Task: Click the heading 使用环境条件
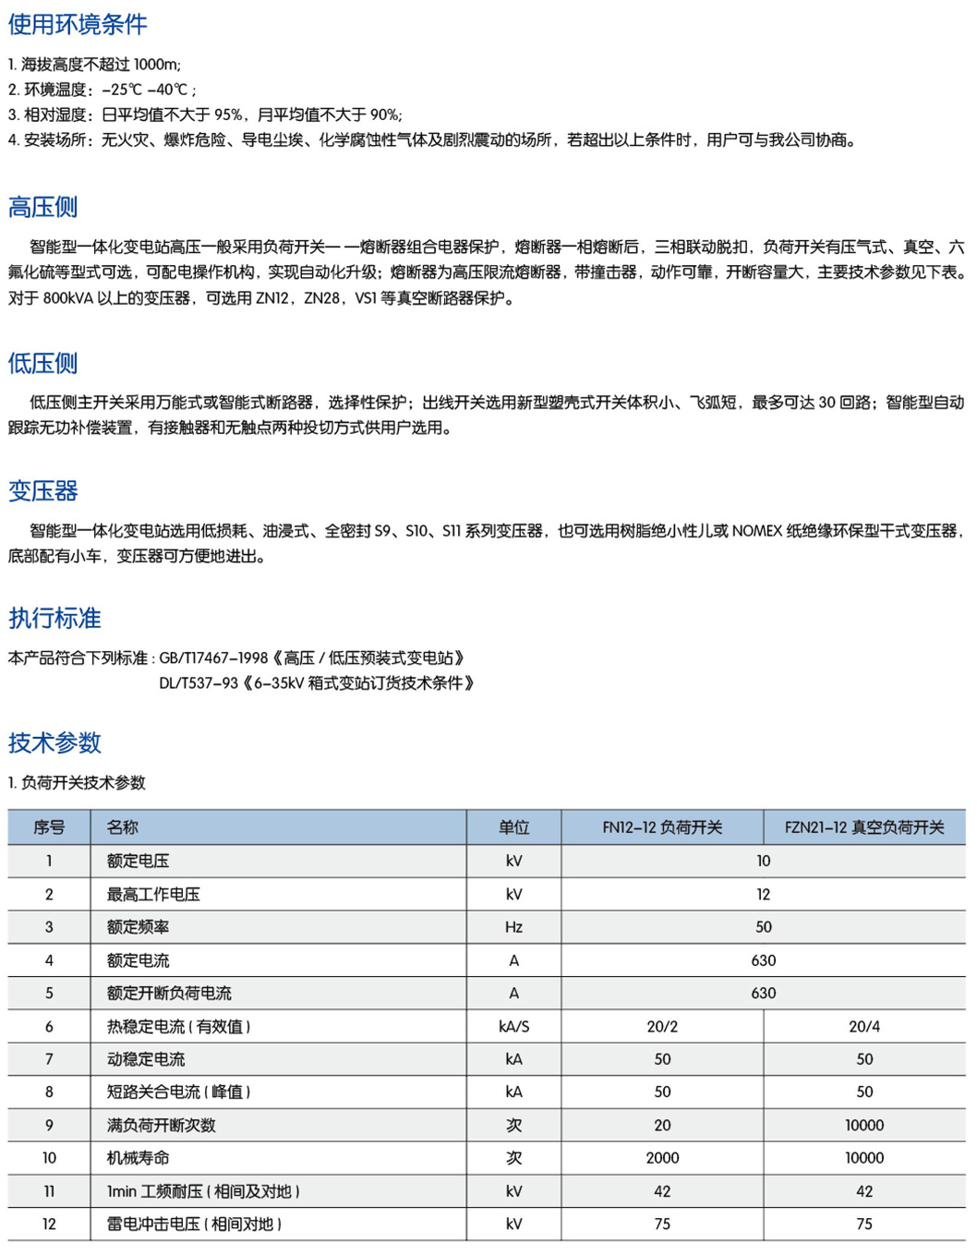pos(78,24)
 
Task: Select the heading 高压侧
pos(42,207)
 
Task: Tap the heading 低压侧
pos(42,363)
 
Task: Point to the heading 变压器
pos(42,490)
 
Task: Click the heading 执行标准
pos(54,618)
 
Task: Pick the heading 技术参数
pos(54,742)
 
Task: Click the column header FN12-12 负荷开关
pos(662,827)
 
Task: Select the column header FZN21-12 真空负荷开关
pos(864,827)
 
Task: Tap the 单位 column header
pos(513,827)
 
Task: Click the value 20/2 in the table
pos(662,1026)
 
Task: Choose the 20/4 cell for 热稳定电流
pos(864,1026)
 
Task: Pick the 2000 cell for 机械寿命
pos(662,1158)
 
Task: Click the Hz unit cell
pos(513,927)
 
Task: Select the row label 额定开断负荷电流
pos(169,994)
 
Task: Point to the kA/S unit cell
pos(513,1026)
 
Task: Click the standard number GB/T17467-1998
pos(213,658)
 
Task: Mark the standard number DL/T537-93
pos(199,683)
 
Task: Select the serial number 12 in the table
pos(49,1224)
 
